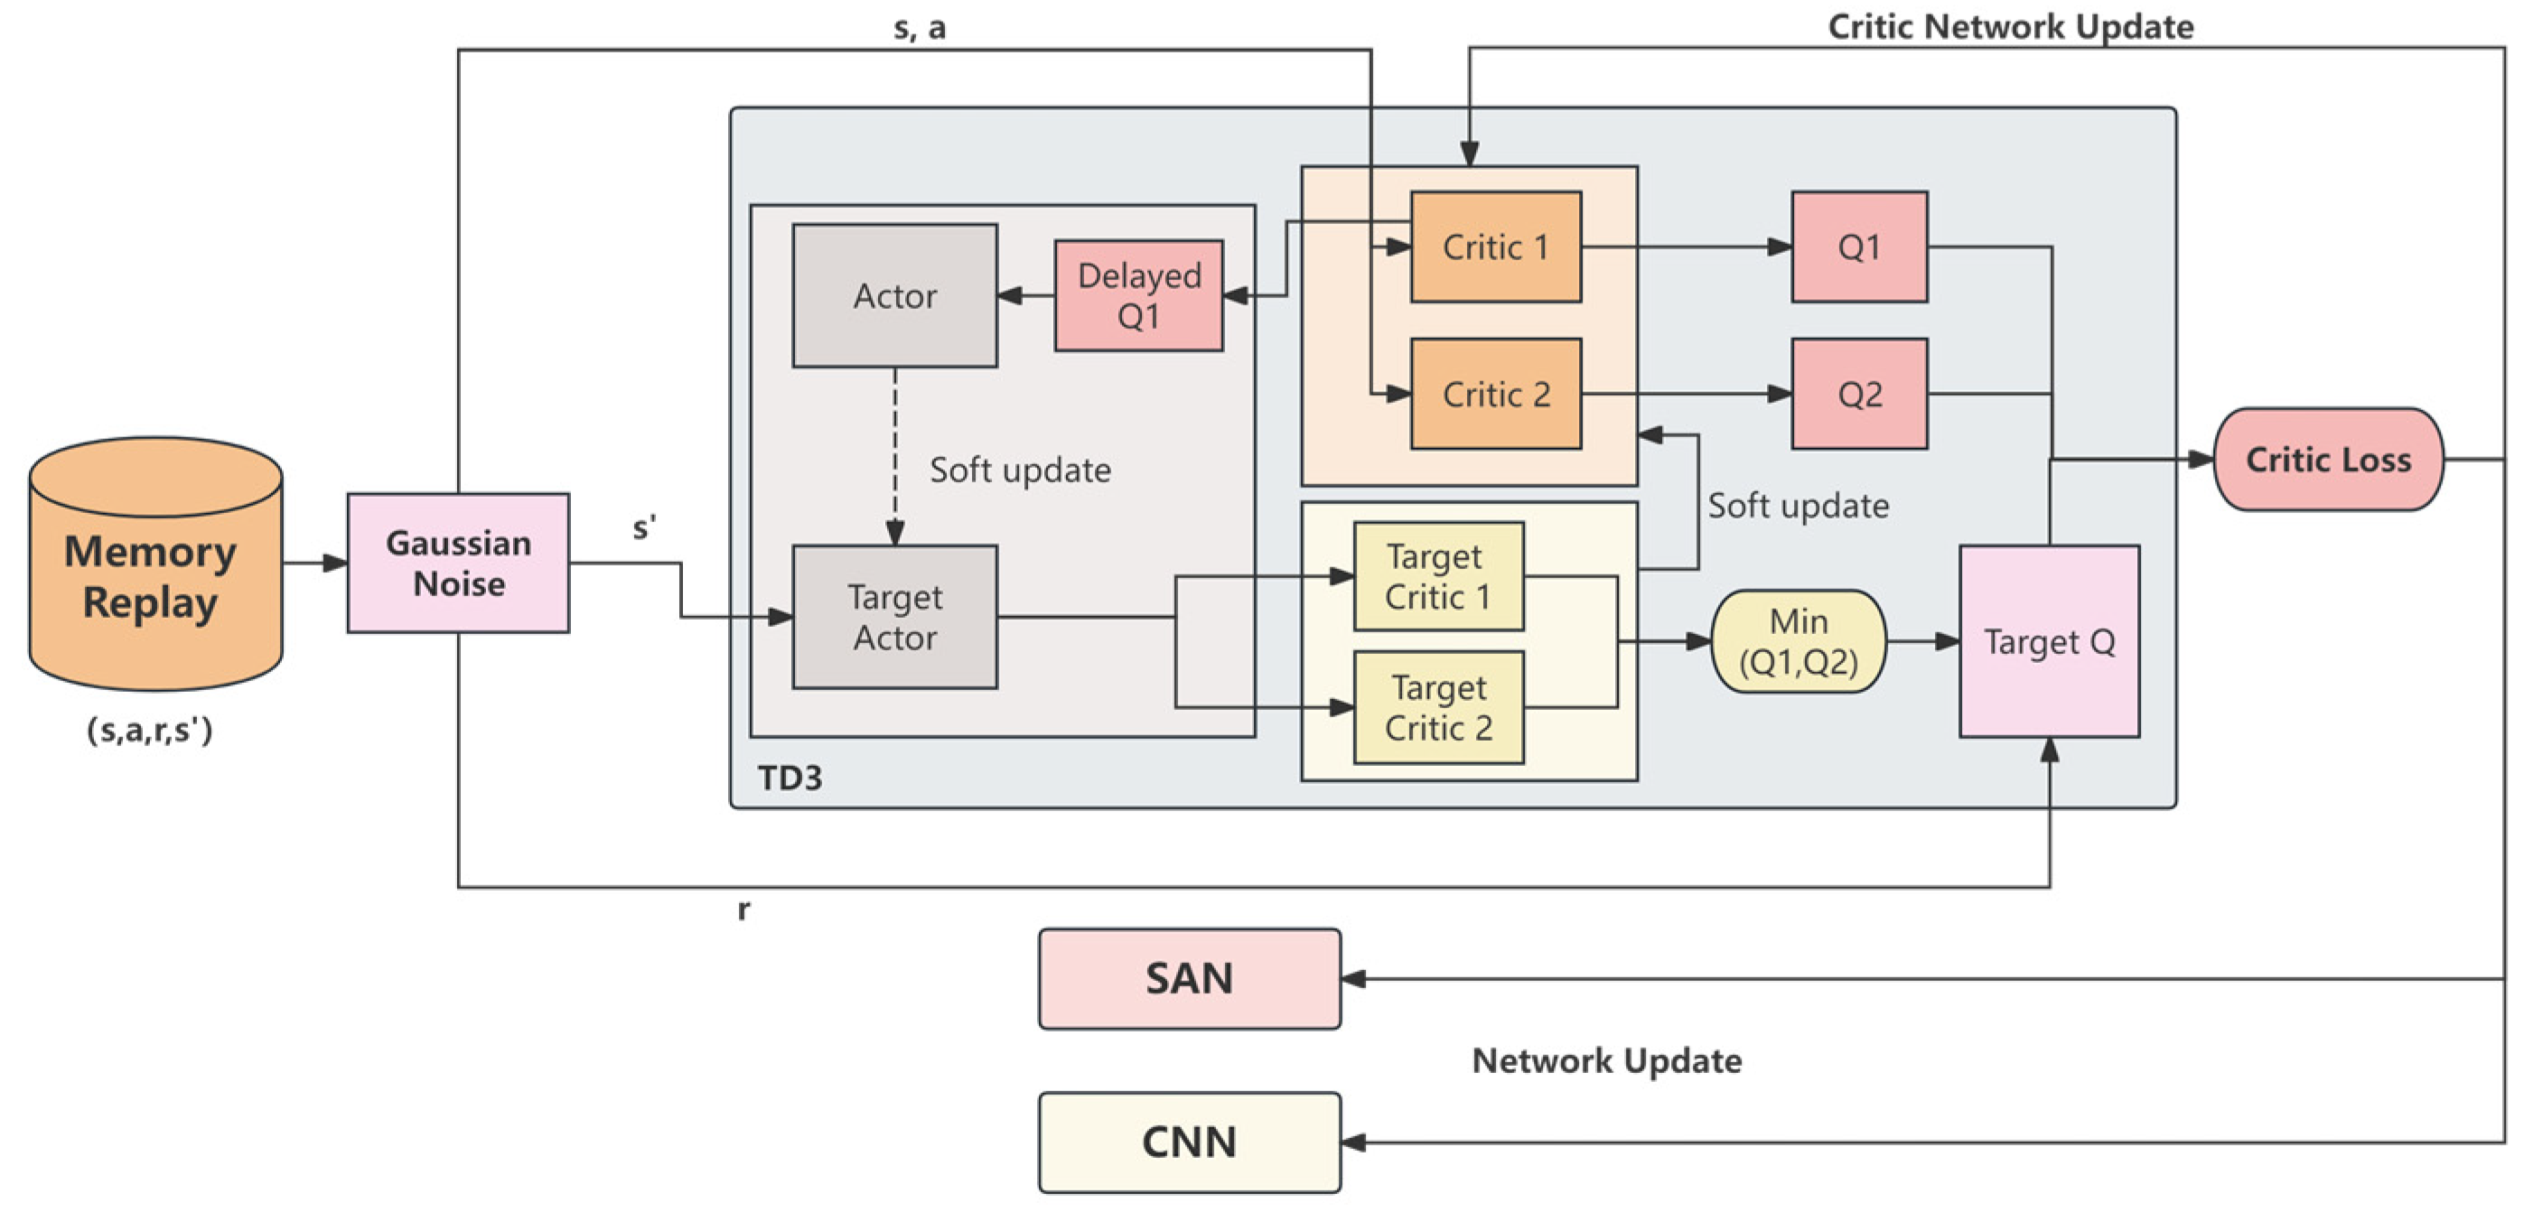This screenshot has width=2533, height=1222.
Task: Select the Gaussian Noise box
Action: point(458,564)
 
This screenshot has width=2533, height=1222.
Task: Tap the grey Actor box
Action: point(895,296)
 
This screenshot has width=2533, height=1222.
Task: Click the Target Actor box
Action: point(895,618)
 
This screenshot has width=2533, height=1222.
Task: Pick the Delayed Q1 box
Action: point(1138,296)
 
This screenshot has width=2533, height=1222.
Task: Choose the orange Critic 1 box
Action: point(1496,247)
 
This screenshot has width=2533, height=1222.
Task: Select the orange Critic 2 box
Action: point(1496,394)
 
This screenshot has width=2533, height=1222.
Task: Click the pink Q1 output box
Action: point(1858,247)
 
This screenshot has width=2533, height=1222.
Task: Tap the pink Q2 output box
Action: point(1858,394)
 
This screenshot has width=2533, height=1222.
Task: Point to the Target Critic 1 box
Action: point(1438,577)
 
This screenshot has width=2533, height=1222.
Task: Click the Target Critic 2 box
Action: point(1438,708)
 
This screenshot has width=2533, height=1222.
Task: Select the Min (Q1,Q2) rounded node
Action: point(1799,642)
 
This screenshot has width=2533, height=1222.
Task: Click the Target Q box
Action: point(2049,642)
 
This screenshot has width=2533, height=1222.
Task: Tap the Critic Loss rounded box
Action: point(2328,459)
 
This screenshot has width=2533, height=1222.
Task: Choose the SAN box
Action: point(1189,979)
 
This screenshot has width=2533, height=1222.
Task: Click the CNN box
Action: point(1189,1143)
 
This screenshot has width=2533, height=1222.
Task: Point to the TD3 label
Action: point(790,779)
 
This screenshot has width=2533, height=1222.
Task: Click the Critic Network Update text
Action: point(2010,26)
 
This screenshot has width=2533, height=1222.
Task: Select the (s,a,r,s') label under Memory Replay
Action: point(149,731)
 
